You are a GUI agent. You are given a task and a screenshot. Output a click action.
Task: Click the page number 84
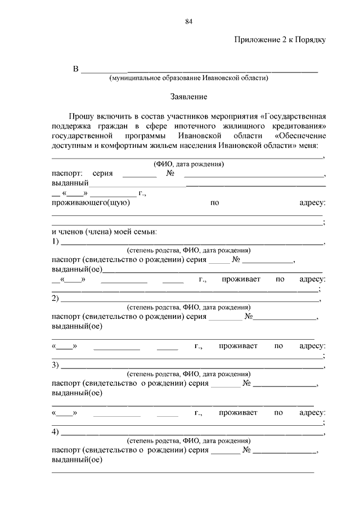[x=188, y=22]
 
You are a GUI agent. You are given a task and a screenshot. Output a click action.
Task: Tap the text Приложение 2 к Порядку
[x=280, y=40]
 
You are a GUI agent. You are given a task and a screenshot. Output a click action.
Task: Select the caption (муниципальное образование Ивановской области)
[x=188, y=79]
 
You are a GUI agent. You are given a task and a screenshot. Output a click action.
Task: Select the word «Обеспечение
[x=300, y=137]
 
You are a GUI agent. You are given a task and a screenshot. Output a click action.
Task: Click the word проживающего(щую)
[x=91, y=202]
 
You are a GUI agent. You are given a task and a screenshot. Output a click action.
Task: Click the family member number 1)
[x=55, y=242]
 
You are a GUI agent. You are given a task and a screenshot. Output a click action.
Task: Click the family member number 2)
[x=55, y=298]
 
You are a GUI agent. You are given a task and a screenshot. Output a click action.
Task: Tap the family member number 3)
[x=55, y=365]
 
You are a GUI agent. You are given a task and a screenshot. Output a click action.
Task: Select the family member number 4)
[x=55, y=432]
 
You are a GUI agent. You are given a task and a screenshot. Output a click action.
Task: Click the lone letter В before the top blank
[x=75, y=69]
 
